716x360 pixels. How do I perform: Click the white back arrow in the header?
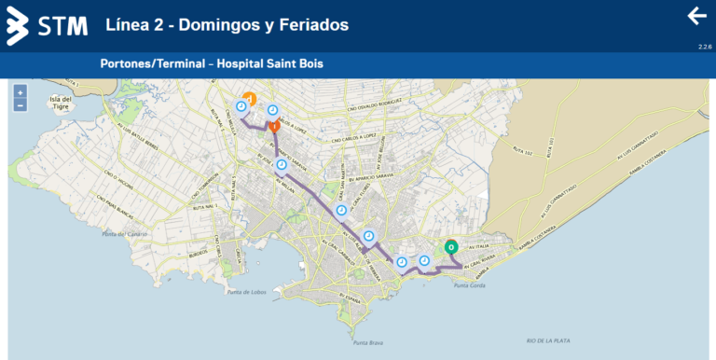tap(696, 16)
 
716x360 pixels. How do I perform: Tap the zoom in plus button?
tap(20, 92)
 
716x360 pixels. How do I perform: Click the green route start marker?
tap(451, 247)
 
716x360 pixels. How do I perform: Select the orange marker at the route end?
tap(248, 97)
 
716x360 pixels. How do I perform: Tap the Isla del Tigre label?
tap(61, 104)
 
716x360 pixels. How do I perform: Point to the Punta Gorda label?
tap(468, 285)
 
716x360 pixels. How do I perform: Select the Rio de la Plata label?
tap(547, 340)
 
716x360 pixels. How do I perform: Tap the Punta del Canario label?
tap(125, 233)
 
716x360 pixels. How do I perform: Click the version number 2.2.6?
tap(705, 47)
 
